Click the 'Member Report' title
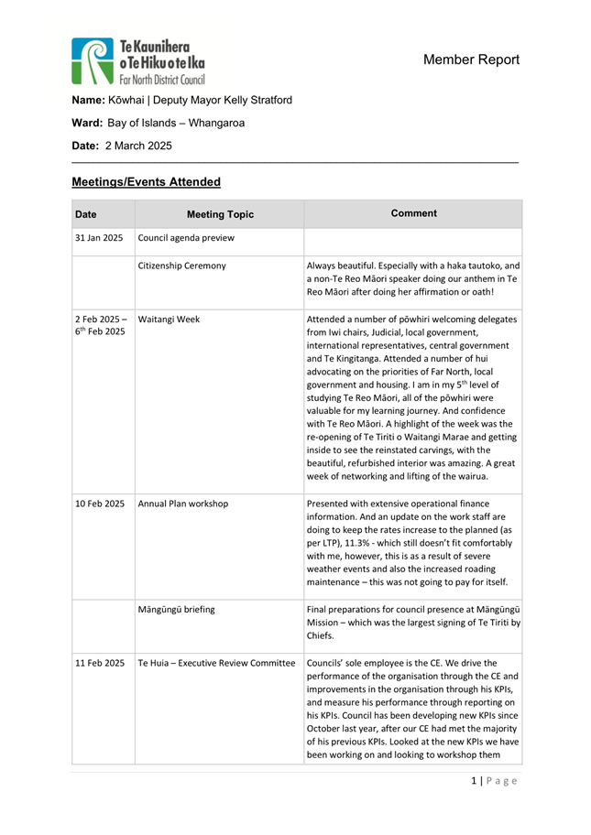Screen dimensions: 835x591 (471, 60)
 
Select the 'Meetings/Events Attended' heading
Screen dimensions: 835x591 (146, 182)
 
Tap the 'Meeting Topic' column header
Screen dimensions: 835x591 (220, 215)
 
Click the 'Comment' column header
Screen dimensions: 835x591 (413, 213)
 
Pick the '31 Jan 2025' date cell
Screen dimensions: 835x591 (99, 239)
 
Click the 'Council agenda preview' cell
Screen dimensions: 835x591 (186, 239)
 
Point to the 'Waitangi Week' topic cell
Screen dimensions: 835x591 (169, 320)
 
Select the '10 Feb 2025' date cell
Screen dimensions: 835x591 (99, 503)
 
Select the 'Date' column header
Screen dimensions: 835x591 (86, 215)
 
